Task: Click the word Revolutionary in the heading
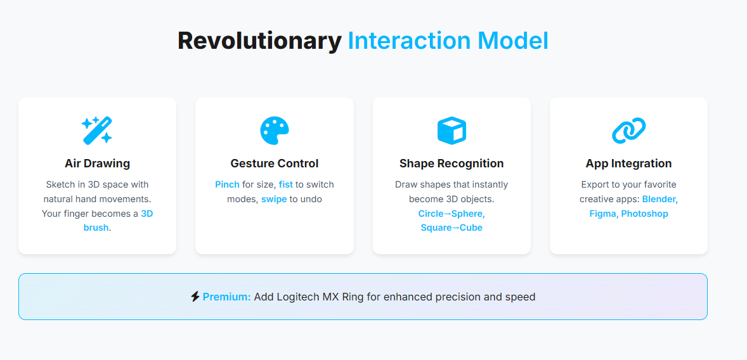259,41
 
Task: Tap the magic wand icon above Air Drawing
97,130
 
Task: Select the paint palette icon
275,131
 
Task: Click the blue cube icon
451,131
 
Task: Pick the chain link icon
628,131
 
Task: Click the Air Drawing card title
97,164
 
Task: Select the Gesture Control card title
275,164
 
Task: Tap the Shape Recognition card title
451,164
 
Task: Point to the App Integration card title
628,164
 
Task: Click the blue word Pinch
227,185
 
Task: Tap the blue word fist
286,185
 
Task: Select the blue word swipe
274,199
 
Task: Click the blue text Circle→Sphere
451,214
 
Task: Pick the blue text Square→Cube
451,228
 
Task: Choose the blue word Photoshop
644,214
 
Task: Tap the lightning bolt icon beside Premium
195,297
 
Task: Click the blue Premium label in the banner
227,297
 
